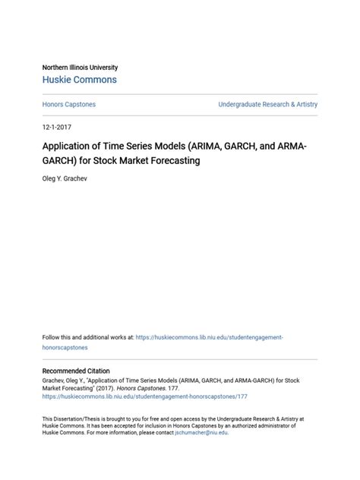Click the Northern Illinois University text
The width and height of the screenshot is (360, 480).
80,68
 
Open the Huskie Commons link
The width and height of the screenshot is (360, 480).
80,80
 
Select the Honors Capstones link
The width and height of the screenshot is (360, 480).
68,104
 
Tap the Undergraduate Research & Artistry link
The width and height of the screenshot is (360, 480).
267,104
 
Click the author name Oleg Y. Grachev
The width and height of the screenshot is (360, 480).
71,180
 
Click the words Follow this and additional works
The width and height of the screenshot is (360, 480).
87,336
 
